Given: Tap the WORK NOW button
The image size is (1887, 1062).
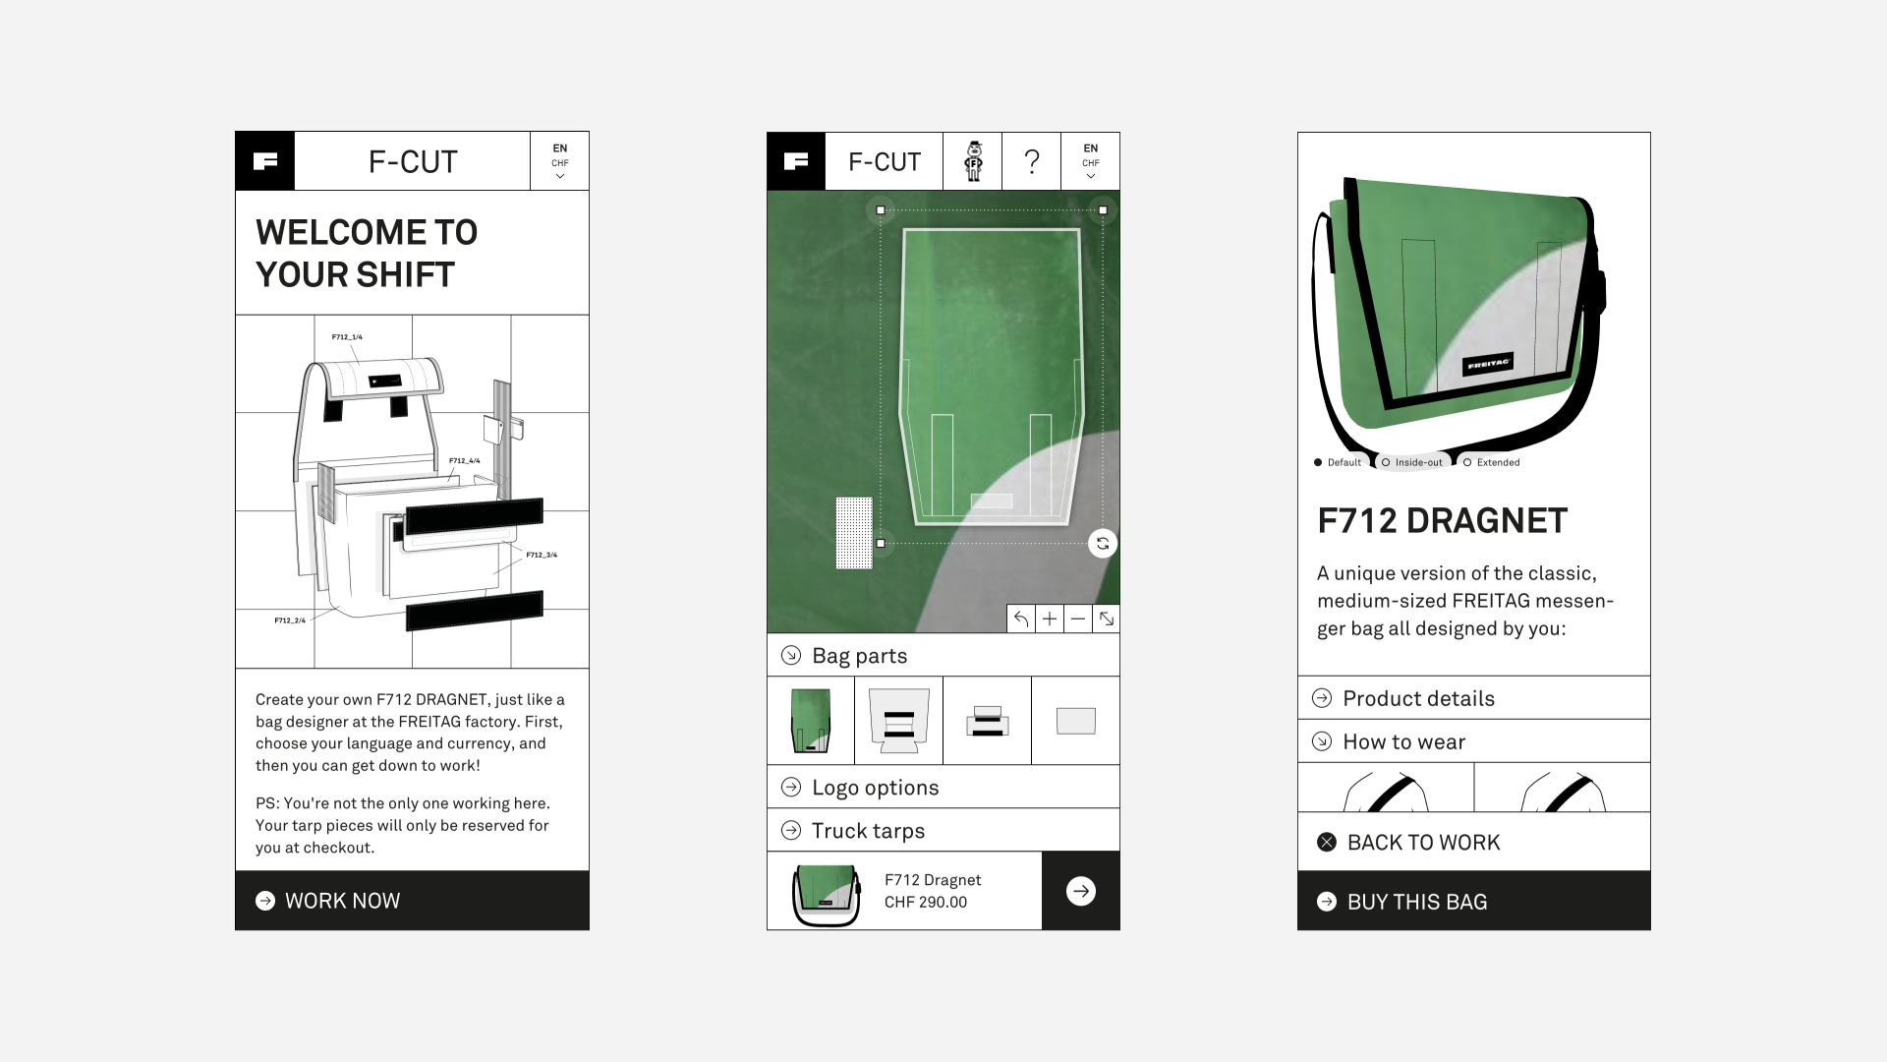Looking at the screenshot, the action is pyautogui.click(x=412, y=901).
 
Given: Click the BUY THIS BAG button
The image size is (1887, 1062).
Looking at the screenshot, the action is pyautogui.click(x=1473, y=901).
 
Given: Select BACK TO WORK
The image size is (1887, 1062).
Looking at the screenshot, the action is pyautogui.click(x=1473, y=842).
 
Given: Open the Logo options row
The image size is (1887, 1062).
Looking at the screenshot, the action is pyautogui.click(x=943, y=787).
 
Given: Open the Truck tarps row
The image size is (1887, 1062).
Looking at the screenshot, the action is pyautogui.click(x=943, y=830).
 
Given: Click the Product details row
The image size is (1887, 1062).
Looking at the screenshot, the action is pyautogui.click(x=1473, y=698).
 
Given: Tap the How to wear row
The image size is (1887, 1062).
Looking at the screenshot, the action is pyautogui.click(x=1473, y=741).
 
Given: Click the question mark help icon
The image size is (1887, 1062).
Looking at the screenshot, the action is pyautogui.click(x=1031, y=161).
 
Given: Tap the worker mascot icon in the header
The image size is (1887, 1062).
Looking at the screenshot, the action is pyautogui.click(x=973, y=161).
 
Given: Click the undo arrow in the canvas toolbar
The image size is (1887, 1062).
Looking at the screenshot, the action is pyautogui.click(x=1021, y=619).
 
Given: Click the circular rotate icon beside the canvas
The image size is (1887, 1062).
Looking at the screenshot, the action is pyautogui.click(x=1103, y=544).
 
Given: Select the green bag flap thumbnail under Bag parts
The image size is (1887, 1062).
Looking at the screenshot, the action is pyautogui.click(x=811, y=721).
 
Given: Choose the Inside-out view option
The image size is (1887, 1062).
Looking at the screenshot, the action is pyautogui.click(x=1411, y=462).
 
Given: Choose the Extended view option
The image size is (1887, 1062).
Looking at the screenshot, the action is pyautogui.click(x=1491, y=462).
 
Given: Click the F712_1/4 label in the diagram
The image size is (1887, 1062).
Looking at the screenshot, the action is pyautogui.click(x=347, y=337).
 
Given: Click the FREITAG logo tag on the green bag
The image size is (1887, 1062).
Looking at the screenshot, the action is pyautogui.click(x=1488, y=364).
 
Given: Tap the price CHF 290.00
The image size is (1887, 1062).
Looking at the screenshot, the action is pyautogui.click(x=926, y=902).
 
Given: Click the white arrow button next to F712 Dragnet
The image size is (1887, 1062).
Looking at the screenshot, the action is pyautogui.click(x=1080, y=891).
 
